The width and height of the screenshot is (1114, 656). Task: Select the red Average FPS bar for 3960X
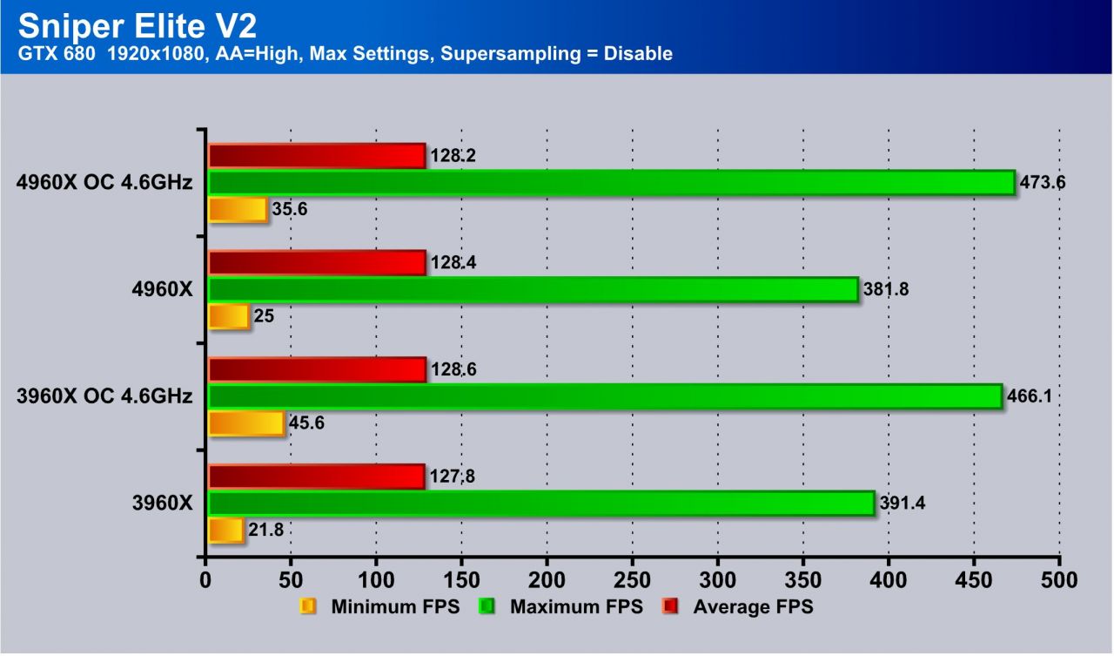pos(317,477)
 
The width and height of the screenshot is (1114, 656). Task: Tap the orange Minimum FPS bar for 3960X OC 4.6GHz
pos(246,423)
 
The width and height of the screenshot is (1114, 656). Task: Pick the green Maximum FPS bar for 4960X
pos(533,289)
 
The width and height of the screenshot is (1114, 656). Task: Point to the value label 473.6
pos(1044,183)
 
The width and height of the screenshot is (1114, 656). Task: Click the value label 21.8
pos(265,531)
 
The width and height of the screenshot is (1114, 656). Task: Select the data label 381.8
pos(886,289)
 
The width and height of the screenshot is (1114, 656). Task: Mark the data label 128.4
pos(453,263)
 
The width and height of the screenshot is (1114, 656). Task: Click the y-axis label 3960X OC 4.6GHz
pos(104,396)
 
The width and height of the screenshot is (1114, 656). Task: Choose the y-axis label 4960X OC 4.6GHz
pos(104,183)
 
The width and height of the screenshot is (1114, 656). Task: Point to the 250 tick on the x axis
pos(633,580)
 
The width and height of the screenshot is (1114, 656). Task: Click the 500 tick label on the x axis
pos(1059,580)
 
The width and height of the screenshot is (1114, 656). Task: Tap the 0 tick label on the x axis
pos(205,580)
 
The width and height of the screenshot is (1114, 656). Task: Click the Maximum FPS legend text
pos(576,607)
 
